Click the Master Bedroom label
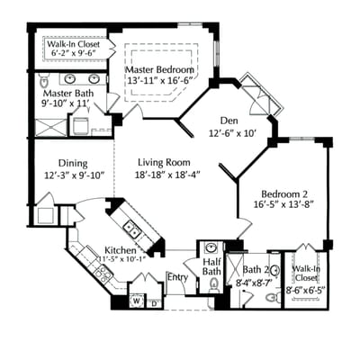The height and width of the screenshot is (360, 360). (x=159, y=68)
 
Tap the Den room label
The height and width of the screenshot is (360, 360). (x=236, y=120)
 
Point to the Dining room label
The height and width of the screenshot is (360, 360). (x=74, y=163)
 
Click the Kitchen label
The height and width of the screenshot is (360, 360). (x=121, y=249)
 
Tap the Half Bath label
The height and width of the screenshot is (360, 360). (x=211, y=265)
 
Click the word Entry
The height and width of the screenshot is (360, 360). (x=177, y=277)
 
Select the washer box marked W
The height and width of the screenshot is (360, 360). (x=136, y=301)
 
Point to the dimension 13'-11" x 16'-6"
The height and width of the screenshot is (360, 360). (x=159, y=80)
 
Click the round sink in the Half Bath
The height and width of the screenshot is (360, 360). (x=211, y=247)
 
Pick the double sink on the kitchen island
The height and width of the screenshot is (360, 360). (x=131, y=226)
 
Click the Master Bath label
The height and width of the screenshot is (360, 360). (x=66, y=93)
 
